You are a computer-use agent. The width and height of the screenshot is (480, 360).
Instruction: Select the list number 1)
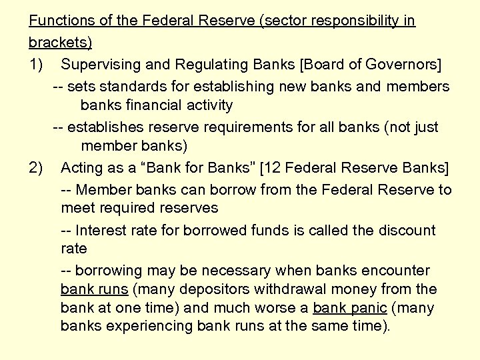pyautogui.click(x=36, y=65)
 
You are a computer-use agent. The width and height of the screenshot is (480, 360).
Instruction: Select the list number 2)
pyautogui.click(x=36, y=166)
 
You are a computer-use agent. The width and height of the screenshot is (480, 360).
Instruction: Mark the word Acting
pyautogui.click(x=80, y=166)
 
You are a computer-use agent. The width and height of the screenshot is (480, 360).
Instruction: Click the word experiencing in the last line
pyautogui.click(x=149, y=327)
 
